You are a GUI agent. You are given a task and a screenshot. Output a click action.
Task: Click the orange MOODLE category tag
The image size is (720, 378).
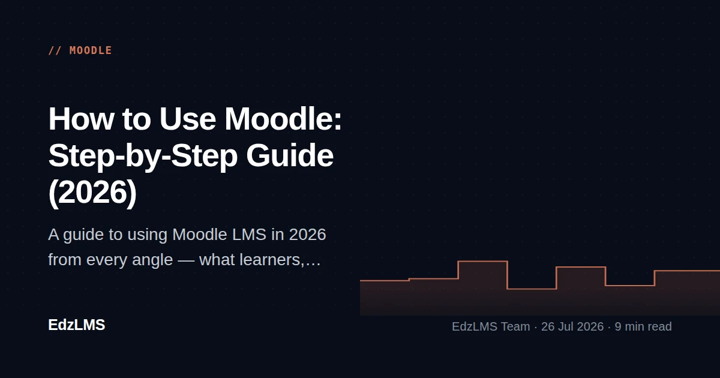[x=91, y=50]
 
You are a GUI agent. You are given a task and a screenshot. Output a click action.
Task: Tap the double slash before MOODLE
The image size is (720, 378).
[x=55, y=50]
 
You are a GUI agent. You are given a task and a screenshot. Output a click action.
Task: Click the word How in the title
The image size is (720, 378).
[x=81, y=119]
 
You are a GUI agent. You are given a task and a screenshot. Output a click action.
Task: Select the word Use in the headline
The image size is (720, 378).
[x=187, y=119]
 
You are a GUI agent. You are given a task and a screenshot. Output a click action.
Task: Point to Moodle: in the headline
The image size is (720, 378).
[x=283, y=119]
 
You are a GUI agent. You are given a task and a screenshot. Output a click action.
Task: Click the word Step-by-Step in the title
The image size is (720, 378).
[x=143, y=157]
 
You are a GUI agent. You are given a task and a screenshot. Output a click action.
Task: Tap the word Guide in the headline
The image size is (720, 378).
[x=290, y=155]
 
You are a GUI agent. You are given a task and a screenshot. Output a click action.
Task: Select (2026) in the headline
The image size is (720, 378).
[x=92, y=193]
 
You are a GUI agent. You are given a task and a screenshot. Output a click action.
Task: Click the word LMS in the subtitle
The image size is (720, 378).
[x=249, y=235]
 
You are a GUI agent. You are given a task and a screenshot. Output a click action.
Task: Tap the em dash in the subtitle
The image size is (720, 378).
[x=186, y=260]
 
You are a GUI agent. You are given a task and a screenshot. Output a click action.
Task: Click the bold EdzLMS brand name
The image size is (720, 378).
[x=77, y=325]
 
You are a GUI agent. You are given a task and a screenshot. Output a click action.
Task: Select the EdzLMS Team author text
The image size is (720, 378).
[x=491, y=326]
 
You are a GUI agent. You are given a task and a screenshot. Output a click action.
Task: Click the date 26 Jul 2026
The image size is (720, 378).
[x=572, y=326]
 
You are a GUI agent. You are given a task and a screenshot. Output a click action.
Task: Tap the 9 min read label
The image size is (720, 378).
[x=643, y=326]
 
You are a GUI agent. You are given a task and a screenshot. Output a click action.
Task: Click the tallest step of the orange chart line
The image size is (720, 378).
[x=482, y=262]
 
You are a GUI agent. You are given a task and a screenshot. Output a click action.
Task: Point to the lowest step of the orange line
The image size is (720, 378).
[x=532, y=289]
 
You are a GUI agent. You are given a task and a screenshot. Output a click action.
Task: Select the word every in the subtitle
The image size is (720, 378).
[x=105, y=260]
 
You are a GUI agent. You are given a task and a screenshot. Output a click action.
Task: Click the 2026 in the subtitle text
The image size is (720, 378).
[x=308, y=235]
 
